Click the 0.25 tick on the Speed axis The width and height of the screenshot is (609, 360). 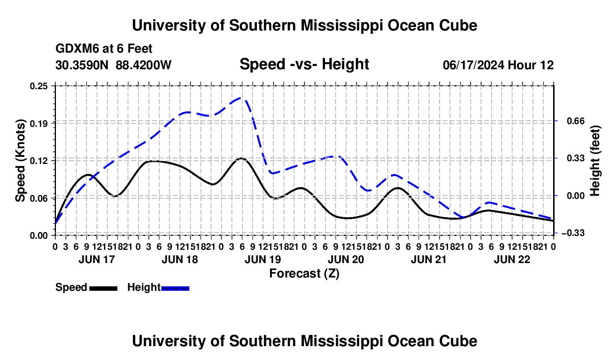(38, 86)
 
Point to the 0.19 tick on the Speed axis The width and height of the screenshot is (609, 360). (38, 124)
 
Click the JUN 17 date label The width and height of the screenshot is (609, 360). (97, 259)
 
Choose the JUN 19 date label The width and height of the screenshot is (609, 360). (262, 259)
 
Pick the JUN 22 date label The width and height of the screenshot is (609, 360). (512, 259)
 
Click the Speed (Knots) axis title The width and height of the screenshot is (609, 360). (20, 161)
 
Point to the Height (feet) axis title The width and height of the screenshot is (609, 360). (595, 161)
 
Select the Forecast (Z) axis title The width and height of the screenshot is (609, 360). (304, 274)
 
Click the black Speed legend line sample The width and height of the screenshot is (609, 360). (104, 289)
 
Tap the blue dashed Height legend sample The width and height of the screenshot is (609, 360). (175, 289)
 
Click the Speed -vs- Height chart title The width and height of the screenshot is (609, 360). (304, 64)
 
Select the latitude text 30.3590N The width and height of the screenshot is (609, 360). (81, 65)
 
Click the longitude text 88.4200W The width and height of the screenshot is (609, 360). (143, 65)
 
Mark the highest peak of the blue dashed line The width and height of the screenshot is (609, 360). (241, 98)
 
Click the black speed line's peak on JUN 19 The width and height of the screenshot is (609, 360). (241, 158)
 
